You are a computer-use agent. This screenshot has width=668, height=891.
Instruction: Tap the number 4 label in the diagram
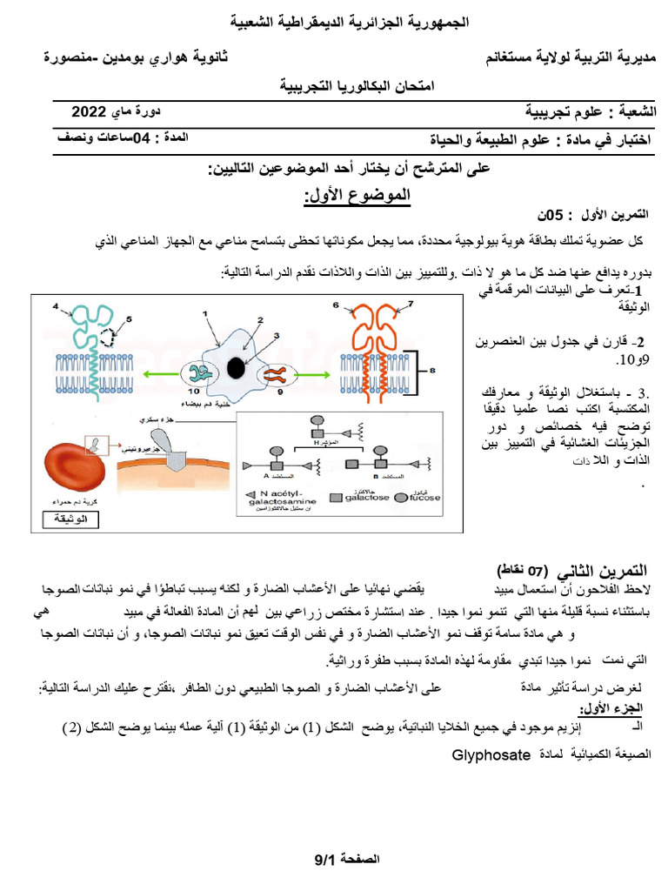click(x=56, y=307)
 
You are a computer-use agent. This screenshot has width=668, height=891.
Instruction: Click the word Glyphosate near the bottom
click(x=491, y=754)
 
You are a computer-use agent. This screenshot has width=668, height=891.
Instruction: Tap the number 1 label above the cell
click(x=204, y=310)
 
